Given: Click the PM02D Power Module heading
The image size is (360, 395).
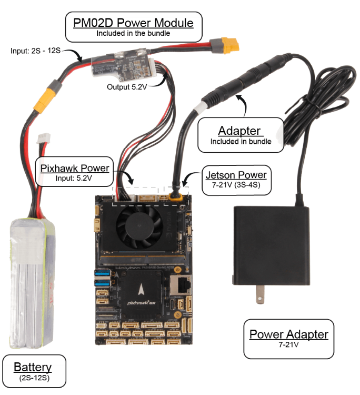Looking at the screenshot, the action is [133, 23].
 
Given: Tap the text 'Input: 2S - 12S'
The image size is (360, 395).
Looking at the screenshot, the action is [35, 51].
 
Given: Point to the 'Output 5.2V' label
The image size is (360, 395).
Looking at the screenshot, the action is [127, 87].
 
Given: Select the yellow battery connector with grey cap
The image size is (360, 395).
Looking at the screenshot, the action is [46, 97].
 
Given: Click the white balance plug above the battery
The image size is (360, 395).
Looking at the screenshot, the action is [44, 139].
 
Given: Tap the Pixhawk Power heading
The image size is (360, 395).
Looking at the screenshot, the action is [75, 168].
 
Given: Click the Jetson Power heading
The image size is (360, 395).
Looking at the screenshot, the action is [236, 175].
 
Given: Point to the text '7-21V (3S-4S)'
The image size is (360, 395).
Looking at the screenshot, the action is [236, 185].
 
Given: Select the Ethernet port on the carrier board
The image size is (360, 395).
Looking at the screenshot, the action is [181, 284].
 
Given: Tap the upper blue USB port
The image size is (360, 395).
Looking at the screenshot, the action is [103, 273].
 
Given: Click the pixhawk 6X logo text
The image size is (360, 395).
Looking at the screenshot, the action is [141, 302].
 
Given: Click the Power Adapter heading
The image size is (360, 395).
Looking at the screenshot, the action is [289, 334].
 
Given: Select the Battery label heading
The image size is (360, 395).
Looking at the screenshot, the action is [33, 367].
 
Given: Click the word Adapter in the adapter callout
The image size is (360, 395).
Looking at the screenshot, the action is [239, 131].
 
